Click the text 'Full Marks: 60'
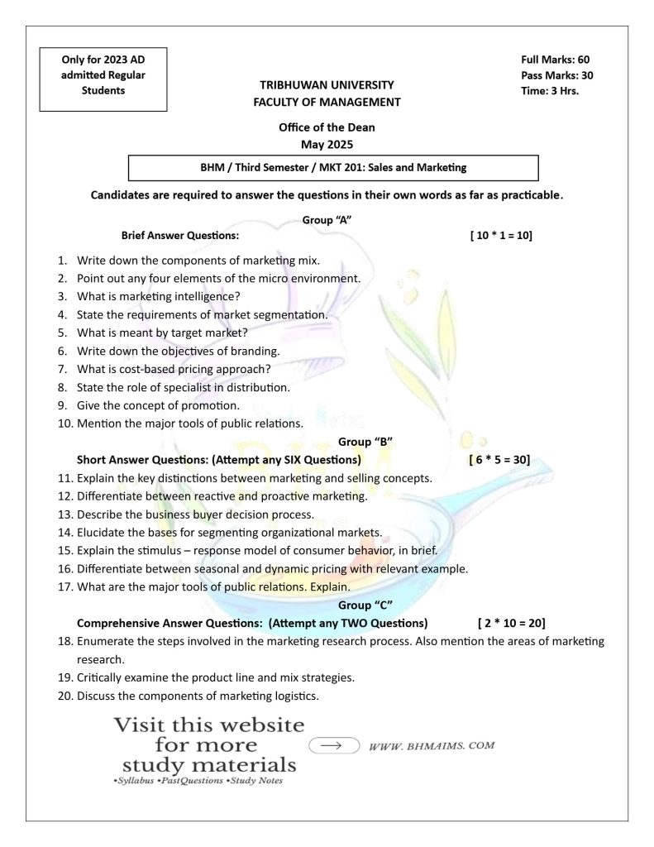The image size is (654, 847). [x=555, y=60]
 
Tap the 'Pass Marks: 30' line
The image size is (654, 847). [x=557, y=75]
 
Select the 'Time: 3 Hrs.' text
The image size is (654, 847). [x=550, y=91]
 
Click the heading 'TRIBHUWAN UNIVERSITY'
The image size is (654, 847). [x=327, y=85]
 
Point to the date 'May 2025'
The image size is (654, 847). [x=327, y=144]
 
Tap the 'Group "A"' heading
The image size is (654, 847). [x=327, y=220]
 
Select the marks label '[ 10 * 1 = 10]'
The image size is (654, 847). [x=500, y=236]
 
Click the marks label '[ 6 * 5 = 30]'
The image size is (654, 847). [x=499, y=459]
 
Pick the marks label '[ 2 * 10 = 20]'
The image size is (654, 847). [x=511, y=623]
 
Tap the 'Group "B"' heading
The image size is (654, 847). [x=365, y=442]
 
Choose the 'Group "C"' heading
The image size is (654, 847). [x=365, y=605]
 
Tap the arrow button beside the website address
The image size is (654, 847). [x=332, y=744]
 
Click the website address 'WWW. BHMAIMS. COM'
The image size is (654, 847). [x=432, y=745]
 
